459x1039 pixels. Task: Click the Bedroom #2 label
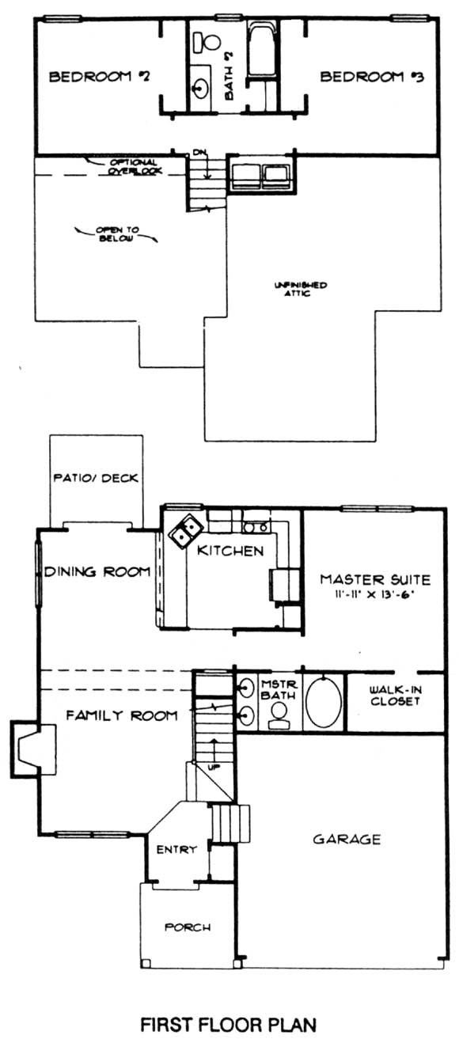pyautogui.click(x=100, y=77)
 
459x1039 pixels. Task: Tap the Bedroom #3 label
pyautogui.click(x=372, y=77)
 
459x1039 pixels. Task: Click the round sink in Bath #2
pyautogui.click(x=200, y=87)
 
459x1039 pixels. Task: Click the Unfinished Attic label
pyautogui.click(x=300, y=289)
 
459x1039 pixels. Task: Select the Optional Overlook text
pyautogui.click(x=133, y=167)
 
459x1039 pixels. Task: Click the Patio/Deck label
pyautogui.click(x=96, y=478)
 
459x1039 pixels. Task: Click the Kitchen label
pyautogui.click(x=230, y=551)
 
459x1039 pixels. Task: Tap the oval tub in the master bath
pyautogui.click(x=324, y=702)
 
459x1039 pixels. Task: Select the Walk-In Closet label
pyautogui.click(x=396, y=696)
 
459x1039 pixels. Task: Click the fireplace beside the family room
pyautogui.click(x=32, y=748)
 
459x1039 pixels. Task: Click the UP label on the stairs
pyautogui.click(x=214, y=768)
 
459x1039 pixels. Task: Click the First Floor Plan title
pyautogui.click(x=229, y=1024)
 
